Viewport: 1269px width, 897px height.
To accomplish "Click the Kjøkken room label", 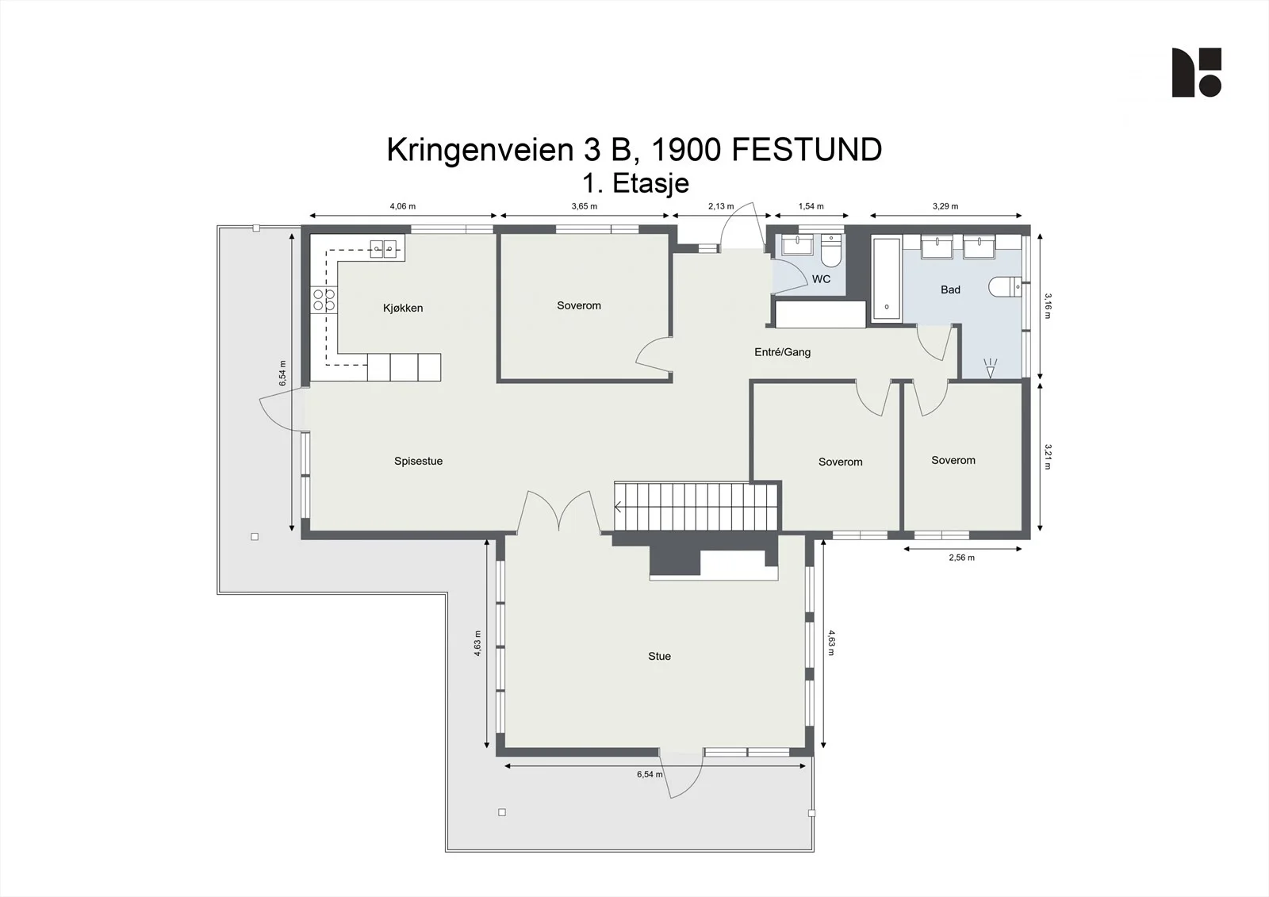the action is [403, 309].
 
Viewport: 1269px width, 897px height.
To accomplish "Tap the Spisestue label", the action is [418, 462].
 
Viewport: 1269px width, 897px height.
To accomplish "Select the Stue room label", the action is [659, 656].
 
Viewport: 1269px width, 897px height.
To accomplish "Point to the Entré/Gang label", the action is [782, 352].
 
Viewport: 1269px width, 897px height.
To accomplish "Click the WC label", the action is [821, 279].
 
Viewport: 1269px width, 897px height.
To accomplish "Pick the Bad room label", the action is [950, 289].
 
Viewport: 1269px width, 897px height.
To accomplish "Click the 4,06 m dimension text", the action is [402, 206].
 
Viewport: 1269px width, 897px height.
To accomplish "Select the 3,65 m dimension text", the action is [584, 206].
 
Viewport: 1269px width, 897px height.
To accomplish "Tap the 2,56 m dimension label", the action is [962, 558].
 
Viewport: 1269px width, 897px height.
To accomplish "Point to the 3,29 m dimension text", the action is [945, 206].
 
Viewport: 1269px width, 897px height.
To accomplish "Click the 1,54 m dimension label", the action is [811, 206].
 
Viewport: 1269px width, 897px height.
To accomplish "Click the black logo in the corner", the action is [1197, 72].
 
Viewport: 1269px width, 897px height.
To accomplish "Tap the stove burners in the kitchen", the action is [324, 301].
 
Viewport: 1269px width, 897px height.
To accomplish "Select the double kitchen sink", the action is [384, 249].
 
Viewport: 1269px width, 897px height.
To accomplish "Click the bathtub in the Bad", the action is [887, 280].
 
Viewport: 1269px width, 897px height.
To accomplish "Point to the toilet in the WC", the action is [832, 251].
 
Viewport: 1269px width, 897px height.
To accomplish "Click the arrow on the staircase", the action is [618, 507].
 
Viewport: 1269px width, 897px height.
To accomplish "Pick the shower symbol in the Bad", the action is [990, 368].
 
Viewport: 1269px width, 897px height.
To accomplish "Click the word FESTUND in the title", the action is [807, 150].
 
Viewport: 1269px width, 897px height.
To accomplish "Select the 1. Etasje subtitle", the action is [635, 183].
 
